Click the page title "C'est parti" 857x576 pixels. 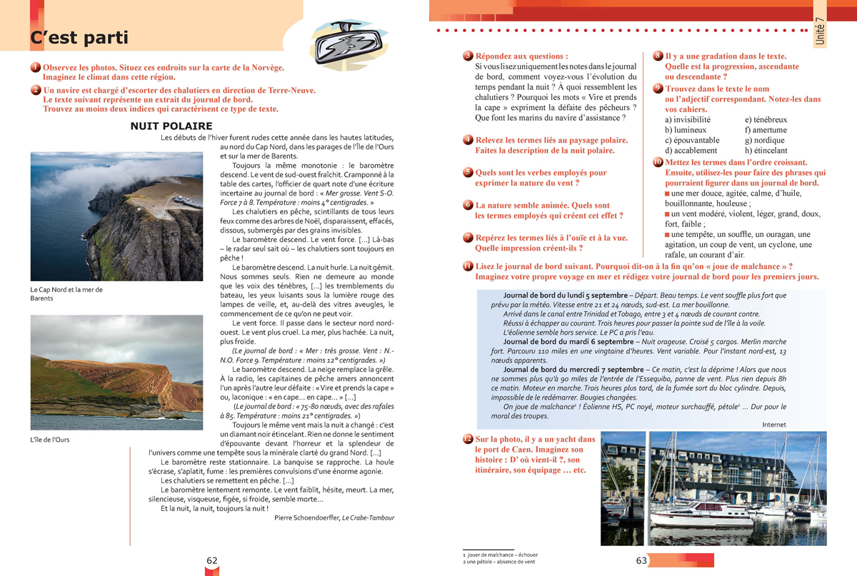79,38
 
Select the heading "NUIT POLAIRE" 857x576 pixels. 171,126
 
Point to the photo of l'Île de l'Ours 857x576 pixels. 116,373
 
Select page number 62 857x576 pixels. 212,561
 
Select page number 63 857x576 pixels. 641,561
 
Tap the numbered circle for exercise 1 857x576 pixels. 36,68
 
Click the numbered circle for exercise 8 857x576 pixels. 658,56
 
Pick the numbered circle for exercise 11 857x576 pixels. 467,266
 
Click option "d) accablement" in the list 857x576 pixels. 691,151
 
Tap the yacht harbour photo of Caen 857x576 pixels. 713,488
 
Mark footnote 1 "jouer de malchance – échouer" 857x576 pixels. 500,555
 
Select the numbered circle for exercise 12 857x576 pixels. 467,438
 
